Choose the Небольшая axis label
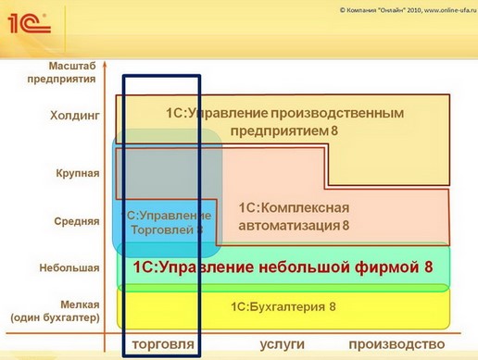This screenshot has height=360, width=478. tap(69, 268)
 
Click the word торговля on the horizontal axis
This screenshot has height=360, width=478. tap(164, 344)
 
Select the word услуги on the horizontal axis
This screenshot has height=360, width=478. tap(282, 344)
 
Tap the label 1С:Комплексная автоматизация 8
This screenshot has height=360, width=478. tap(294, 216)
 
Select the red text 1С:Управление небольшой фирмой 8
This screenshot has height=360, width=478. tap(283, 268)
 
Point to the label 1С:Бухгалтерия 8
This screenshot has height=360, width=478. tap(283, 306)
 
